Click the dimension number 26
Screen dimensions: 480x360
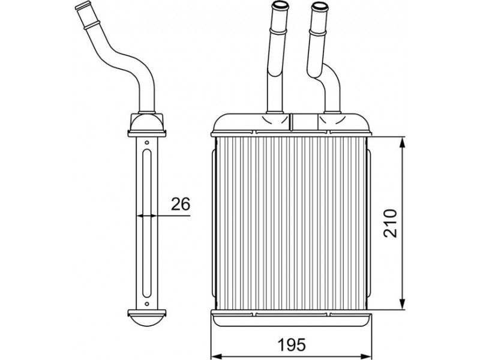(x=181, y=204)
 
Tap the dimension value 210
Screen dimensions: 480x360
(x=390, y=223)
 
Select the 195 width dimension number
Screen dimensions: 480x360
(x=292, y=345)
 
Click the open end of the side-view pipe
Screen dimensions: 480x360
(x=83, y=5)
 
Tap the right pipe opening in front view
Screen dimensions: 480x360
(x=319, y=6)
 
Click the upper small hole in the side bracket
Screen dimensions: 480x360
(x=146, y=142)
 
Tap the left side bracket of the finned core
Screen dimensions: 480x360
(x=214, y=223)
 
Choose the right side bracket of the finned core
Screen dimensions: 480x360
(x=368, y=223)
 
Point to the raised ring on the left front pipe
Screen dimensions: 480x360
(x=278, y=31)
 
